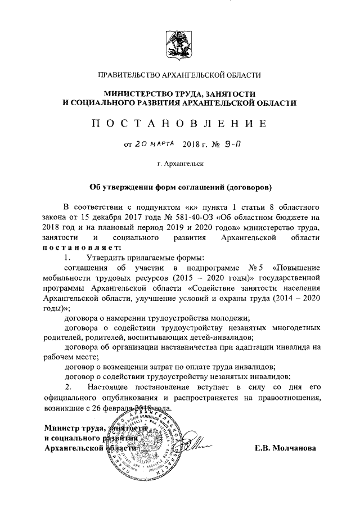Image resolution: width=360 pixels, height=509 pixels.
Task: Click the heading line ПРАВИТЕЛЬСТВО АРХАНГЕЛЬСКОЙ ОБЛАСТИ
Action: click(179, 75)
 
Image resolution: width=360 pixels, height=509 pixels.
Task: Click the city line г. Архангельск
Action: click(180, 164)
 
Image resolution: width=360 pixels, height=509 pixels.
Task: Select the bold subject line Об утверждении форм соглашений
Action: click(179, 187)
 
